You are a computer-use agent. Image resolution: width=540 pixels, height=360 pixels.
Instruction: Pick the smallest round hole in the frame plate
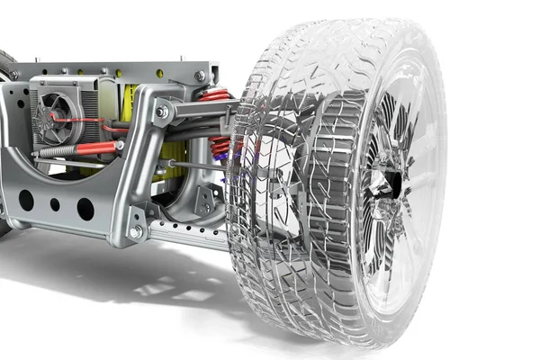[x=55, y=204]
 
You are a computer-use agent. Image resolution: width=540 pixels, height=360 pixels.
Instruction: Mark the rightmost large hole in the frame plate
[x=85, y=209]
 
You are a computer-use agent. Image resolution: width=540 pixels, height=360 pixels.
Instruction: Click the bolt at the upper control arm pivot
[x=163, y=112]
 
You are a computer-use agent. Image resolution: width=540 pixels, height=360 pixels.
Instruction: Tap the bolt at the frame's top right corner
[x=200, y=76]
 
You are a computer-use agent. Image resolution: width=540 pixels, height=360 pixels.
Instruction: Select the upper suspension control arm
[x=202, y=110]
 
